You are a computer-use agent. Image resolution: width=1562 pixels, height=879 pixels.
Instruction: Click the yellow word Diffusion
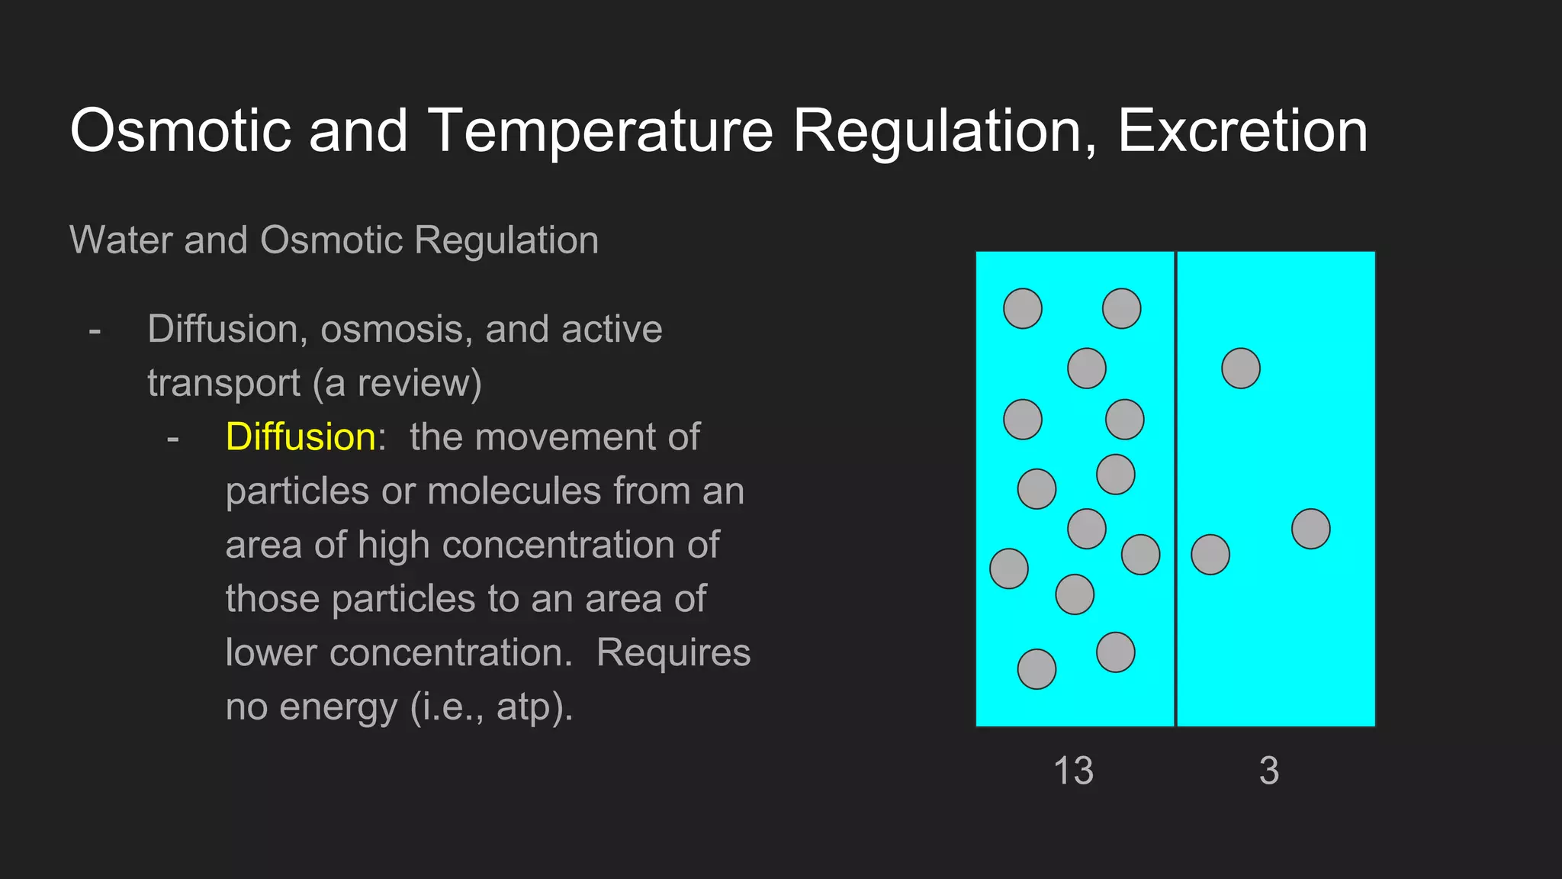tap(300, 437)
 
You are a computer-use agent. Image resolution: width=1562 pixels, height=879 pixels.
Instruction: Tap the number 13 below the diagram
tap(1073, 771)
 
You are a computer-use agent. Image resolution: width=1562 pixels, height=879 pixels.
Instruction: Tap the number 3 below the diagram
tap(1269, 771)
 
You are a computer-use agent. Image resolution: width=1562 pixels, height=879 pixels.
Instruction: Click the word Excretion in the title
tap(1242, 130)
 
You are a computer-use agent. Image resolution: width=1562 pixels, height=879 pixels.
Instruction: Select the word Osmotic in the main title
tap(180, 130)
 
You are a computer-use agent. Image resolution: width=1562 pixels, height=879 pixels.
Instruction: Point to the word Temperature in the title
tap(601, 130)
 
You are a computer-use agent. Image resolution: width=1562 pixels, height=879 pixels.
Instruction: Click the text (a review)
tap(397, 383)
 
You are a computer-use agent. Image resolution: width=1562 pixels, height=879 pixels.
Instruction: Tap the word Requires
tap(673, 653)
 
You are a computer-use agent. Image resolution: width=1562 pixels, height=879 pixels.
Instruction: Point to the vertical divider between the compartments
tap(1175, 488)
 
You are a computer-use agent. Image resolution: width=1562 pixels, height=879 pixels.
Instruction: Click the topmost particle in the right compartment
tap(1240, 369)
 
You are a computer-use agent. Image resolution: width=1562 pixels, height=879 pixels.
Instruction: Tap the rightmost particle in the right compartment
tap(1310, 529)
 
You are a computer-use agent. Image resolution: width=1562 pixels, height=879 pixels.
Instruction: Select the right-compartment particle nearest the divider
tap(1210, 555)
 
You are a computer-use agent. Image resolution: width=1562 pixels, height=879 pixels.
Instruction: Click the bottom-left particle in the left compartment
tap(1037, 669)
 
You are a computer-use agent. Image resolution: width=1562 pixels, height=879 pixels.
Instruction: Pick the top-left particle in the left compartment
tap(1022, 309)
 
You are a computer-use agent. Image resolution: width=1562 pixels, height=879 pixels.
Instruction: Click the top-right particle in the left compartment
tap(1121, 309)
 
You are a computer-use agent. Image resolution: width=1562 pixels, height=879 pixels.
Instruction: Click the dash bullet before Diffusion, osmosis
tap(95, 331)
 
